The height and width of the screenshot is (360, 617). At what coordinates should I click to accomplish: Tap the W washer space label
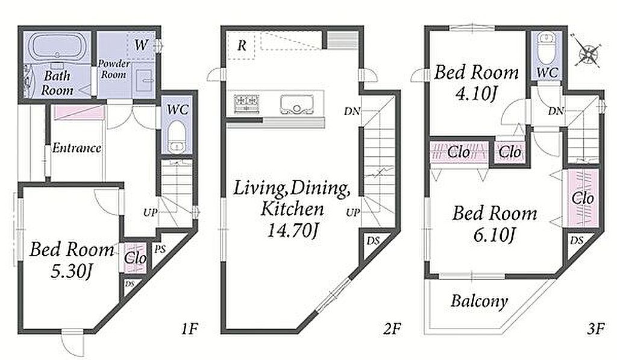[141, 45]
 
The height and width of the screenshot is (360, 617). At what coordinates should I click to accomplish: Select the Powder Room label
[114, 69]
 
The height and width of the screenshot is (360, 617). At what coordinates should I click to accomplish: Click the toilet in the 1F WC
[177, 136]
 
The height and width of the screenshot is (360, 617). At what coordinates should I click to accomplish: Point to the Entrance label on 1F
[77, 148]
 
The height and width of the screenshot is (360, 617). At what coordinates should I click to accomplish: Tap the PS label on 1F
[159, 249]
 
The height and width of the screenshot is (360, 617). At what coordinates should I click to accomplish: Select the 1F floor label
[189, 328]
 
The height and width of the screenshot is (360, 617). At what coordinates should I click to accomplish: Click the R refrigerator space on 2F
[242, 46]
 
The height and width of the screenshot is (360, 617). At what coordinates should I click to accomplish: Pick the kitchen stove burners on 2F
[246, 104]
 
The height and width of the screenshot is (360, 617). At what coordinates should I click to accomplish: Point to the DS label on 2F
[372, 240]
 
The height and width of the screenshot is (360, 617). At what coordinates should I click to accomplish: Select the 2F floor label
[392, 328]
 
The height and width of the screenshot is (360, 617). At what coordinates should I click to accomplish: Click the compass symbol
[587, 51]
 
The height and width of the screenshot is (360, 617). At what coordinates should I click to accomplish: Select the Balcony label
[479, 302]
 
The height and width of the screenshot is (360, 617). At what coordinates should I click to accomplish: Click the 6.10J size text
[495, 235]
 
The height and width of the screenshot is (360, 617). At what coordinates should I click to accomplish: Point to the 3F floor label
[595, 328]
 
